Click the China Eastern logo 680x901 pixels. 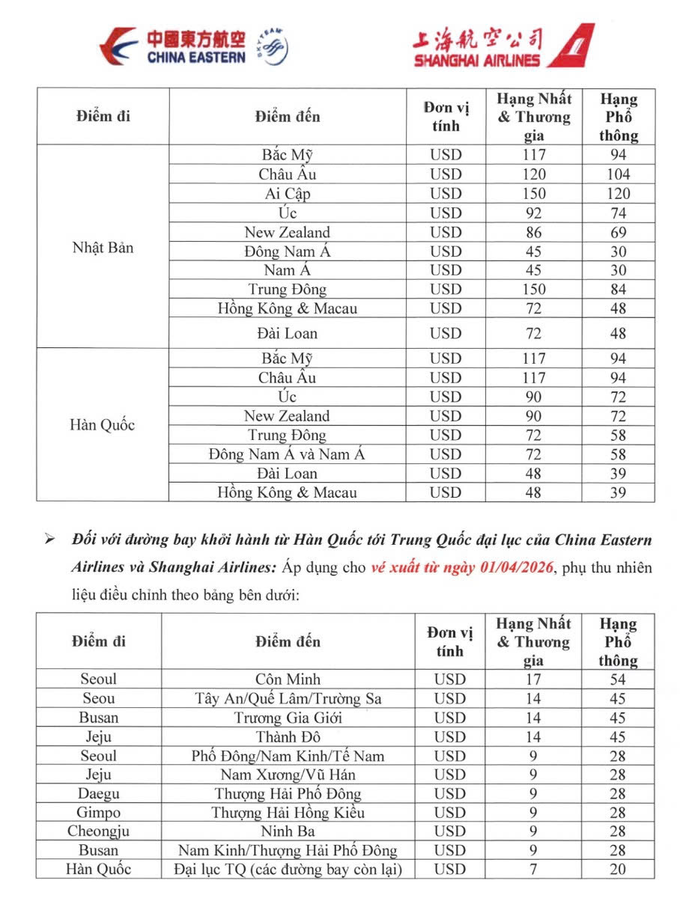pyautogui.click(x=193, y=47)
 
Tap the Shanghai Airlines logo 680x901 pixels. pyautogui.click(x=503, y=46)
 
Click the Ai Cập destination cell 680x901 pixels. pyautogui.click(x=287, y=194)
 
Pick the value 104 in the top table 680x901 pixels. pyautogui.click(x=618, y=174)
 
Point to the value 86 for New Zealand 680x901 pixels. pyautogui.click(x=534, y=233)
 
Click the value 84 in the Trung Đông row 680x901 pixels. pyautogui.click(x=618, y=290)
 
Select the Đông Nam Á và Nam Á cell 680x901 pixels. pyautogui.click(x=287, y=454)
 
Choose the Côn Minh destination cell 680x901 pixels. pyautogui.click(x=288, y=679)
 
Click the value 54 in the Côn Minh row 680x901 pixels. pyautogui.click(x=618, y=679)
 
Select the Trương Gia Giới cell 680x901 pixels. pyautogui.click(x=288, y=718)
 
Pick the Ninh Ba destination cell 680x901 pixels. pyautogui.click(x=288, y=831)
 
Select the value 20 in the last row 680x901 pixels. pyautogui.click(x=618, y=870)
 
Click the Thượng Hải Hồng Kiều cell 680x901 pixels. pyautogui.click(x=288, y=813)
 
